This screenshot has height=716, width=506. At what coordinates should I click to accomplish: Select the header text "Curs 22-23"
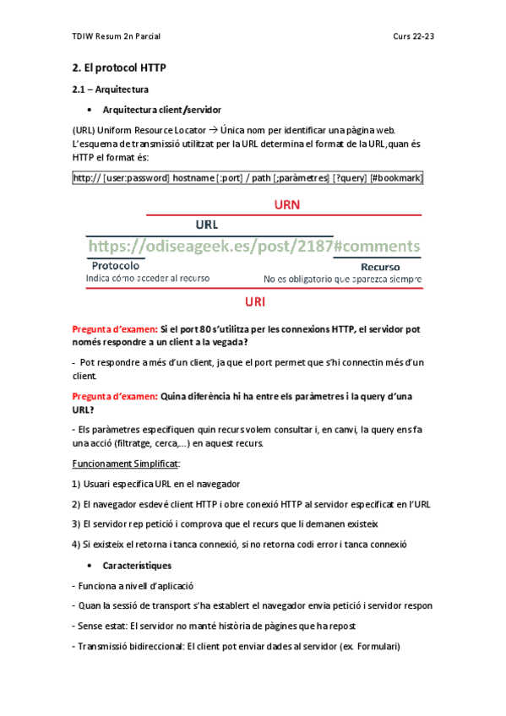point(413,36)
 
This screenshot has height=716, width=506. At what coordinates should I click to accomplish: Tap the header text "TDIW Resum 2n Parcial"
point(117,36)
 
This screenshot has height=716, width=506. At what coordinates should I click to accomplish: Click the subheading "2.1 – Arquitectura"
point(111,89)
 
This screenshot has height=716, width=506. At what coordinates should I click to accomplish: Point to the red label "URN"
point(287,204)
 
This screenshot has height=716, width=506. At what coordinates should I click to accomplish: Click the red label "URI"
point(255,301)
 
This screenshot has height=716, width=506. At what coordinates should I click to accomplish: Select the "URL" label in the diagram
point(207,225)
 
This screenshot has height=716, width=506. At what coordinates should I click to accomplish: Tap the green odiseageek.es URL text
point(253,246)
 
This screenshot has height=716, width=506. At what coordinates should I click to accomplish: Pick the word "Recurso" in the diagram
point(380,267)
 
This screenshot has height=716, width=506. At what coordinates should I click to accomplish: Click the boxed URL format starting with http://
point(248,178)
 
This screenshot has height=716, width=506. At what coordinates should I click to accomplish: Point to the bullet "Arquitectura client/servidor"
point(162,110)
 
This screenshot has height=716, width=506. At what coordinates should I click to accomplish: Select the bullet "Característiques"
point(137,565)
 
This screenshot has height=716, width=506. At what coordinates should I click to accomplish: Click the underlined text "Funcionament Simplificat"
point(125,464)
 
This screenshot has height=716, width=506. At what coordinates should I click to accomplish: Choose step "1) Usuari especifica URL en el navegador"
point(156,484)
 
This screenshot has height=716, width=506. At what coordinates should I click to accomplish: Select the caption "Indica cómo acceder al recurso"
point(149,278)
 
